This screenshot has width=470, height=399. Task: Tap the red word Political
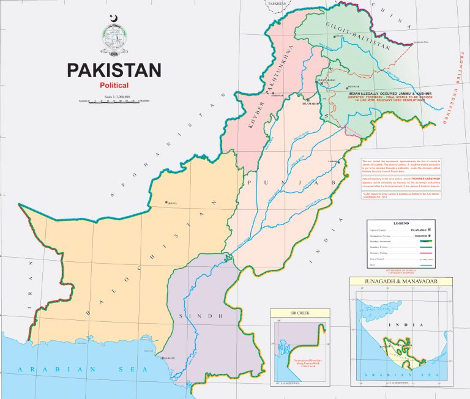(x=114, y=84)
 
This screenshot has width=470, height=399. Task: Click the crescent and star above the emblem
(x=112, y=18)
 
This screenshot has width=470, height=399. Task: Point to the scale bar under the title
(x=114, y=100)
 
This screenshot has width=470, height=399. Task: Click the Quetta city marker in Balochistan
(x=166, y=203)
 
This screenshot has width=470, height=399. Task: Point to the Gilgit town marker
(x=334, y=36)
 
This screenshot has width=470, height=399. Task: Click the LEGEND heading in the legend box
(x=401, y=224)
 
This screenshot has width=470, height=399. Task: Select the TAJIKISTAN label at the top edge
(x=277, y=3)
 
